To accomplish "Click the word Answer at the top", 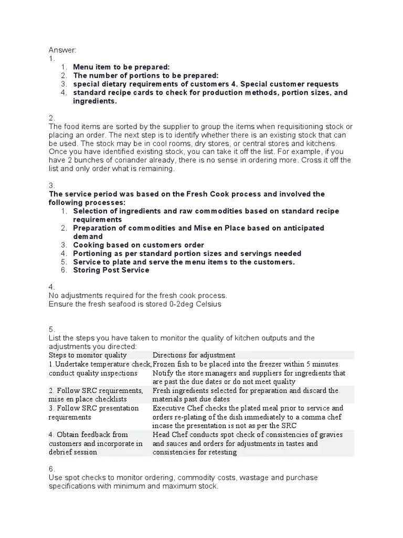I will (62, 50).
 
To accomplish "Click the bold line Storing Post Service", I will (111, 270).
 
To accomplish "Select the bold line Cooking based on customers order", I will (139, 245).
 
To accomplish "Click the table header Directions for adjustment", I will (194, 355).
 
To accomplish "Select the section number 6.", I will (51, 469).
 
